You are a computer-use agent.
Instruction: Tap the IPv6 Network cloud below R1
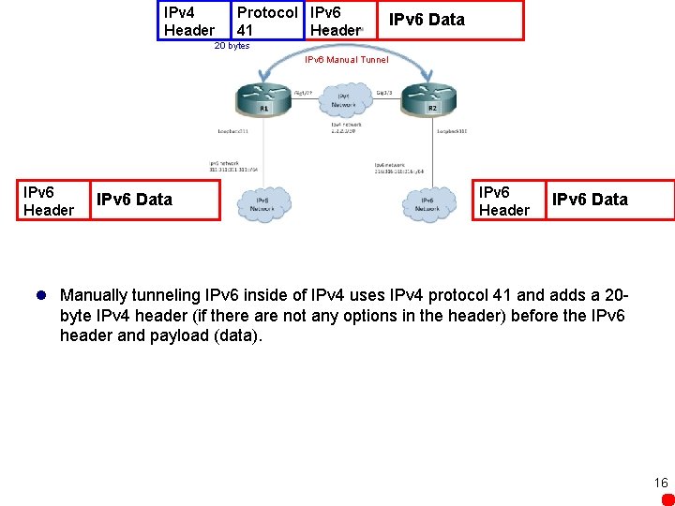click(264, 204)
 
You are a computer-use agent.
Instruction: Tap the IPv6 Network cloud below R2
click(427, 204)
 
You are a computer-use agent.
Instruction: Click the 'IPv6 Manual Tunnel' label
click(346, 60)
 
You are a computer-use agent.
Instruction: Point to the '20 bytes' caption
click(232, 46)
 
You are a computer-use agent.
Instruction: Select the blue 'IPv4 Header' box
click(193, 21)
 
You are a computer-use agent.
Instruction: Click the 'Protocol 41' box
click(267, 21)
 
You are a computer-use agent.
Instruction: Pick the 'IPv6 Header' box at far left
click(49, 201)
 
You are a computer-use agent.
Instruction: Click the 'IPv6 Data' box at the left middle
click(156, 200)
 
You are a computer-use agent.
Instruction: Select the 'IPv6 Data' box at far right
click(609, 200)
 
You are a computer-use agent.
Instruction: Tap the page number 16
click(661, 483)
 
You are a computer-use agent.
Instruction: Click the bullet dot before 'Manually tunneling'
click(41, 294)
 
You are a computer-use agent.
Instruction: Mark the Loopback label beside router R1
click(232, 131)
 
